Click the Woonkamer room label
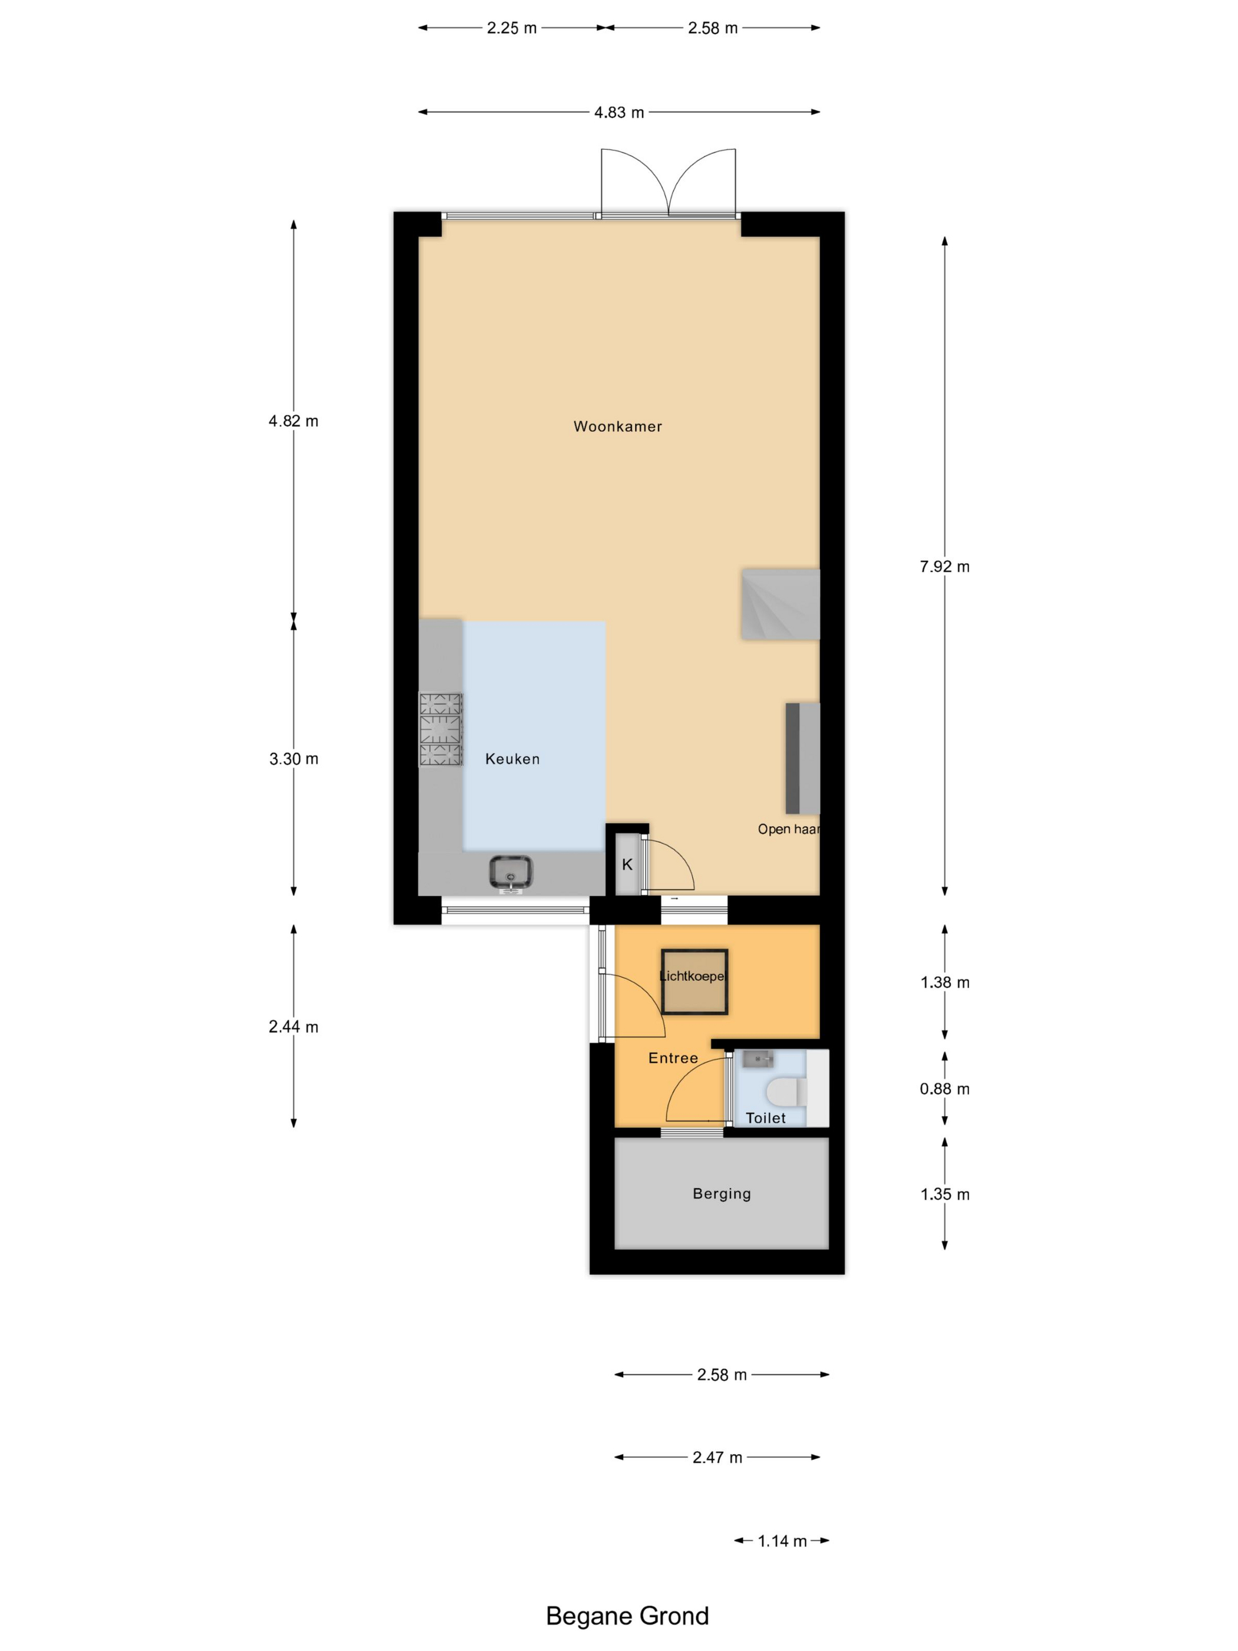pyautogui.click(x=617, y=426)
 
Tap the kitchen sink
pyautogui.click(x=511, y=871)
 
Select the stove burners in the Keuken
pyautogui.click(x=440, y=729)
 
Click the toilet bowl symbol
pyautogui.click(x=786, y=1092)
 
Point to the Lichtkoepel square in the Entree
pyautogui.click(x=693, y=982)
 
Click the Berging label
pyautogui.click(x=721, y=1193)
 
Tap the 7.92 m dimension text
pyautogui.click(x=944, y=567)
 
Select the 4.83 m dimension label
pyautogui.click(x=618, y=113)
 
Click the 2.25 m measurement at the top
pyautogui.click(x=511, y=28)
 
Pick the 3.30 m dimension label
pyautogui.click(x=293, y=759)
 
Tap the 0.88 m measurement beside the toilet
pyautogui.click(x=944, y=1089)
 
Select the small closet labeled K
pyautogui.click(x=627, y=864)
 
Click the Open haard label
pyautogui.click(x=788, y=829)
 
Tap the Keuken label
pyautogui.click(x=512, y=759)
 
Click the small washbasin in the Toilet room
pyautogui.click(x=758, y=1058)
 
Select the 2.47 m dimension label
pyautogui.click(x=716, y=1458)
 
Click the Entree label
pyautogui.click(x=673, y=1058)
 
